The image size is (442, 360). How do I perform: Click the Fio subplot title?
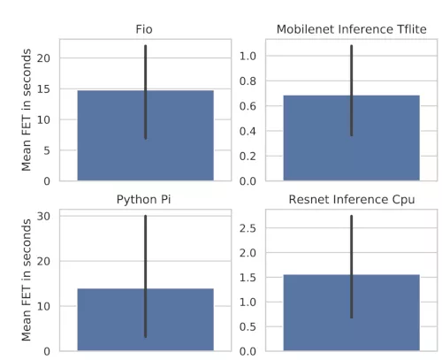click(x=145, y=29)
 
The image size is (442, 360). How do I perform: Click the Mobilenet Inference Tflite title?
click(x=351, y=29)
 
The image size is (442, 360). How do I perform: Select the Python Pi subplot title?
click(x=145, y=199)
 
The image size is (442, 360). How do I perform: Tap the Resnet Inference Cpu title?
click(x=351, y=199)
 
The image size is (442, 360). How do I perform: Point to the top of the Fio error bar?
click(x=145, y=46)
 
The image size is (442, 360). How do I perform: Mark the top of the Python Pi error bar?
click(x=145, y=216)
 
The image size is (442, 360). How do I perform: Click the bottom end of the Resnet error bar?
click(x=351, y=317)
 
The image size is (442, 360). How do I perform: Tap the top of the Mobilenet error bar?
click(x=351, y=46)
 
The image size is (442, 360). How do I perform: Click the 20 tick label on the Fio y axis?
click(x=45, y=58)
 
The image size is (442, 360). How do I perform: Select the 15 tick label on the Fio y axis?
click(x=45, y=89)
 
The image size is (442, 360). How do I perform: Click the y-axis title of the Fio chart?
click(x=27, y=111)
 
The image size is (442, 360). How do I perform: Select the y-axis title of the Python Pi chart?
click(x=27, y=280)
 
